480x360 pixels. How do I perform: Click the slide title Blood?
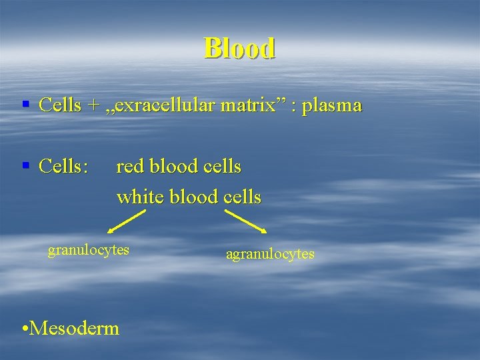pos(239,48)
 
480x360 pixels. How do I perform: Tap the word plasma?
pos(331,105)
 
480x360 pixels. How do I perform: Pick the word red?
pos(130,166)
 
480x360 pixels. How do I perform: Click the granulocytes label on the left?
pos(88,250)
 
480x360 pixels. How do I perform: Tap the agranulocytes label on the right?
pos(270,254)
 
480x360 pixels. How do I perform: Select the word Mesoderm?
pos(75,328)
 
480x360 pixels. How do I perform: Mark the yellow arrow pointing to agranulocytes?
pos(245,222)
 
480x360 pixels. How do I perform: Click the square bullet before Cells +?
pos(25,105)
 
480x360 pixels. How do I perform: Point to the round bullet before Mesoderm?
pos(25,329)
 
